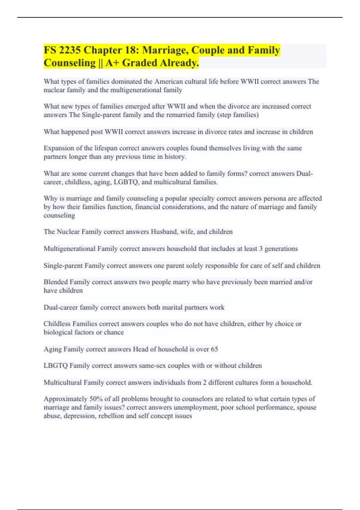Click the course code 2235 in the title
coord(70,50)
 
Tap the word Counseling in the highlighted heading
coord(69,63)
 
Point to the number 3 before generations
coord(261,249)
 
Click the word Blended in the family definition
coord(55,282)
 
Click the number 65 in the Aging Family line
coord(214,349)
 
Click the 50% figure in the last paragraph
coord(96,399)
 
